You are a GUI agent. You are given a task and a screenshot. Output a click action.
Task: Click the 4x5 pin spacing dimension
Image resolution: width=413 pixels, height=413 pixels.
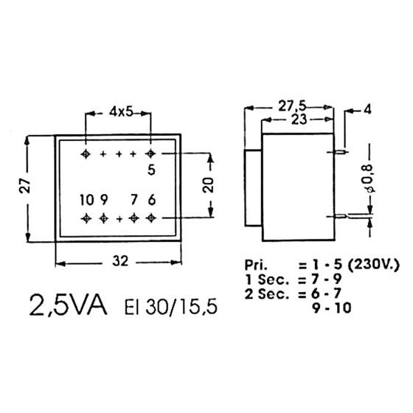tap(121, 112)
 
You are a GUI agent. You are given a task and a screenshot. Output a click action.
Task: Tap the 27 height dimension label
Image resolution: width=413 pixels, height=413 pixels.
tap(26, 186)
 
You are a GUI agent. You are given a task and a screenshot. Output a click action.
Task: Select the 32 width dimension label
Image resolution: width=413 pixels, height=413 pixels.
tap(120, 261)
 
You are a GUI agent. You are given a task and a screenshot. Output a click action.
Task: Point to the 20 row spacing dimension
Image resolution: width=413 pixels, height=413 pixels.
tap(208, 185)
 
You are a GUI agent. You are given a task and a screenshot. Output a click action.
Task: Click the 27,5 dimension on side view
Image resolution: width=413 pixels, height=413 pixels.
tap(292, 106)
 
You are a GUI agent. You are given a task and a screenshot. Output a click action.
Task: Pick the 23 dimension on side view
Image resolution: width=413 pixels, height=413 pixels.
tap(299, 119)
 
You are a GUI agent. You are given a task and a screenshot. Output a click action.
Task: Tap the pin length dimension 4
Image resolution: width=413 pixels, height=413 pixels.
tap(367, 109)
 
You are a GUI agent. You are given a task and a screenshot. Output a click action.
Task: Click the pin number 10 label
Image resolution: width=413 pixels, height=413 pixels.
tap(87, 200)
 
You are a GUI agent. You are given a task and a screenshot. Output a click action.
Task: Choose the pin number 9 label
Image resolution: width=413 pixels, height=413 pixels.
tap(104, 200)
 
